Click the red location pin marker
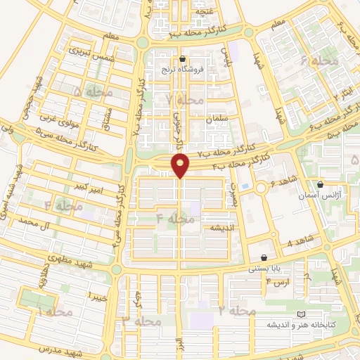click(x=181, y=166)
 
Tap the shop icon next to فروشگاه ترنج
click(x=184, y=59)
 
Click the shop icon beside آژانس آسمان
click(x=321, y=185)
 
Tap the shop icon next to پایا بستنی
click(x=264, y=258)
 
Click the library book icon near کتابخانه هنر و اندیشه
click(x=301, y=314)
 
